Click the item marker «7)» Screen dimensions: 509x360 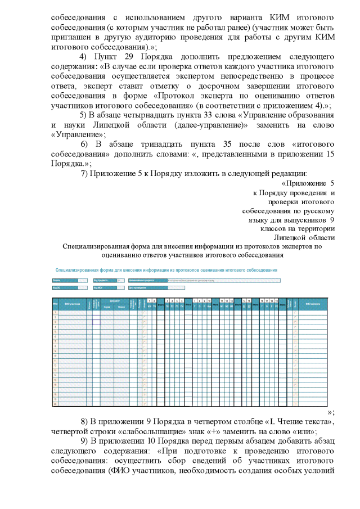86,173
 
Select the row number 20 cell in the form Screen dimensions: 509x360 55,404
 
